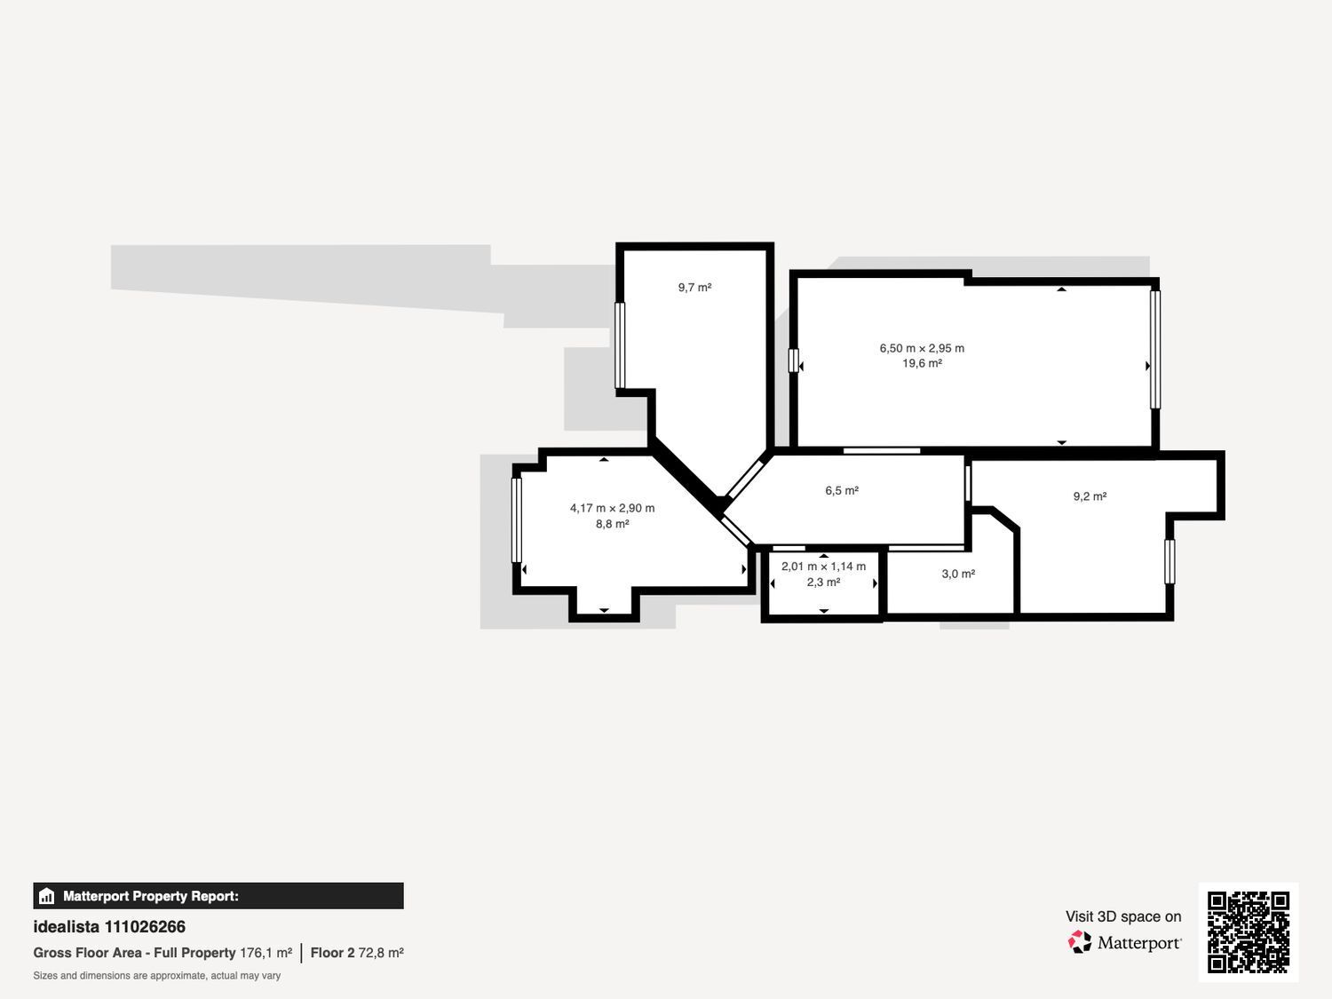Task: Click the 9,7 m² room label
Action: coord(694,288)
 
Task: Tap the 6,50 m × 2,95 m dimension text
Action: coord(922,348)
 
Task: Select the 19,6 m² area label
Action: coord(922,363)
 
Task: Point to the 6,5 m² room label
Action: coord(842,491)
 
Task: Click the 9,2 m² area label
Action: coord(1090,496)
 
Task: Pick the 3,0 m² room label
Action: coord(958,574)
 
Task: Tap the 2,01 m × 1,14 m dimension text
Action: coord(823,567)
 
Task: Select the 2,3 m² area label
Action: coord(823,583)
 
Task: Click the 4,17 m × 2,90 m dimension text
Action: coord(613,508)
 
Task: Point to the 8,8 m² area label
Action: coord(613,524)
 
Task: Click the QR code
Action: coord(1249,932)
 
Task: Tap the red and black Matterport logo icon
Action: coord(1080,942)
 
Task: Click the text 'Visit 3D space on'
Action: coord(1123,916)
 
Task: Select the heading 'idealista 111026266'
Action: coord(109,927)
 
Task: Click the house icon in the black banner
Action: coord(47,896)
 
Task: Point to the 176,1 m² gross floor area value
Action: coord(266,953)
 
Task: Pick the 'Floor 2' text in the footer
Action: coord(332,953)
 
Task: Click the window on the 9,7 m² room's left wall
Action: coord(620,345)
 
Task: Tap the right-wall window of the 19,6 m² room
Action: coord(1155,349)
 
